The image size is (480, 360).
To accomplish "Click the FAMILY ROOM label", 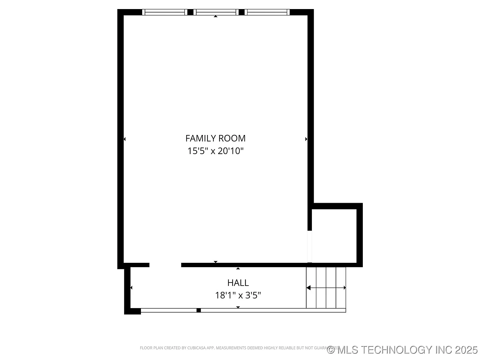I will (x=215, y=138).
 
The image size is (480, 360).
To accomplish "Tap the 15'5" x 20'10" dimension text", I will (x=215, y=151).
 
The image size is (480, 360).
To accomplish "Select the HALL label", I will (x=238, y=283).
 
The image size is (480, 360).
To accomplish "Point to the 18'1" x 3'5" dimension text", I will (x=238, y=295).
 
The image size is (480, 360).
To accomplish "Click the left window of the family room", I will (x=165, y=12).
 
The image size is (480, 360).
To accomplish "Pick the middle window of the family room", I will (x=216, y=12).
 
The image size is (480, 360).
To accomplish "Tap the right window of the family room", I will (x=267, y=12).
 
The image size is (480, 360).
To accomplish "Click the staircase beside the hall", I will (x=326, y=287).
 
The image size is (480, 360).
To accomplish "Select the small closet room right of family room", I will (x=334, y=236).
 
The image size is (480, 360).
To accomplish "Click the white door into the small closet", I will (x=310, y=247).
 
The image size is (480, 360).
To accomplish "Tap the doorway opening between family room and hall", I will (x=165, y=265).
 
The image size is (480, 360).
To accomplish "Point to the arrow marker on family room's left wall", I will (x=125, y=139).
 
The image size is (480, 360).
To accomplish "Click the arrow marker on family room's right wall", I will (x=306, y=139).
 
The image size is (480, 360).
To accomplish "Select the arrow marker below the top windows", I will (x=215, y=16).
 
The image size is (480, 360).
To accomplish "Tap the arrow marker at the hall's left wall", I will (x=131, y=287).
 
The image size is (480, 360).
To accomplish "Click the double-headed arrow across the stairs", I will (x=326, y=288).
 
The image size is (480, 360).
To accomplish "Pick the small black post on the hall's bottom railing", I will (x=198, y=310).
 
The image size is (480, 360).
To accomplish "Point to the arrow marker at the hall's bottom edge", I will (x=238, y=307).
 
